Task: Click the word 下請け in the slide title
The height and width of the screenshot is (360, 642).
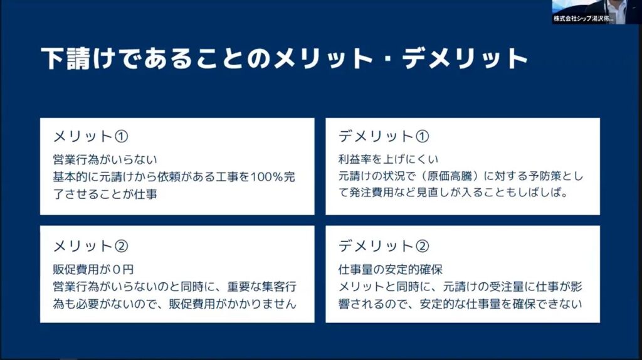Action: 77,58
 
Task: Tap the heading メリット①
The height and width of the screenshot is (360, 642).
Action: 90,136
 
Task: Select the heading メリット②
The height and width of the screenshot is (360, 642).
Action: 90,246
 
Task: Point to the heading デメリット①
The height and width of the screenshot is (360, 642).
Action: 384,136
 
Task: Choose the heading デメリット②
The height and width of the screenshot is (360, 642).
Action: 384,246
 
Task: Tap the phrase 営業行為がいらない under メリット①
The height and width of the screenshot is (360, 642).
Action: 105,159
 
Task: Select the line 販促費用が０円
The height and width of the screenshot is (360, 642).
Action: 93,270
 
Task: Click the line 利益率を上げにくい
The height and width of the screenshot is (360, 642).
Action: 388,159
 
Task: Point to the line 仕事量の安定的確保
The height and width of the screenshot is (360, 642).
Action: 391,270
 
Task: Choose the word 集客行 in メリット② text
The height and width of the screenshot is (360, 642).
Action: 279,287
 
